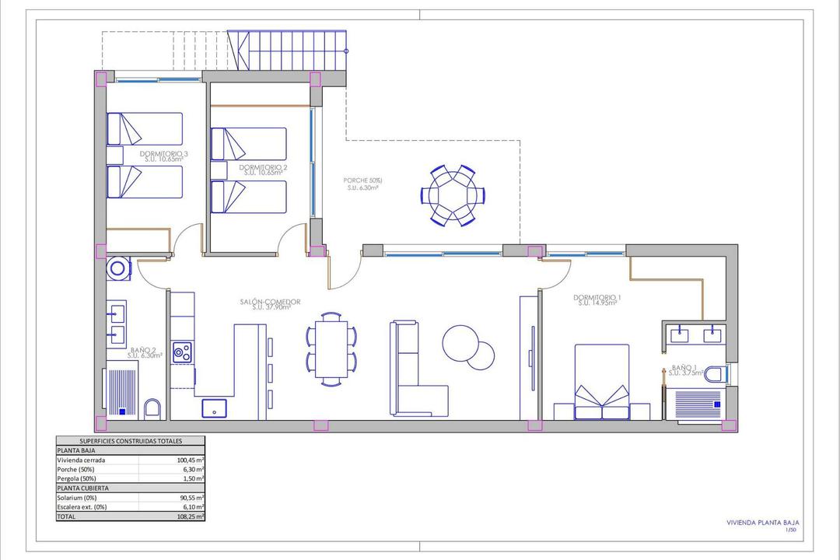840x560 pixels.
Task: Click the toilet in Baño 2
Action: (x=153, y=408)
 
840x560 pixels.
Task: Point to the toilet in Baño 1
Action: (x=713, y=375)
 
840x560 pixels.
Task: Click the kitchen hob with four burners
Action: (x=183, y=352)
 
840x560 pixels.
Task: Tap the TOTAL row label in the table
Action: (x=68, y=516)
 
